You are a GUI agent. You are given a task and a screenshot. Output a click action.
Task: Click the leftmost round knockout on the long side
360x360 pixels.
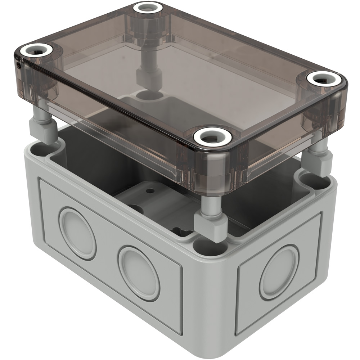pyautogui.click(x=77, y=233)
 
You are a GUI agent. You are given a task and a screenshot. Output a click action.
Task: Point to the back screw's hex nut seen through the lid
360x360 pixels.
pyautogui.click(x=148, y=75)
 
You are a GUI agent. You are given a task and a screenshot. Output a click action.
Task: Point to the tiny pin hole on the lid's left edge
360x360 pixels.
pyautogui.click(x=19, y=65)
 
